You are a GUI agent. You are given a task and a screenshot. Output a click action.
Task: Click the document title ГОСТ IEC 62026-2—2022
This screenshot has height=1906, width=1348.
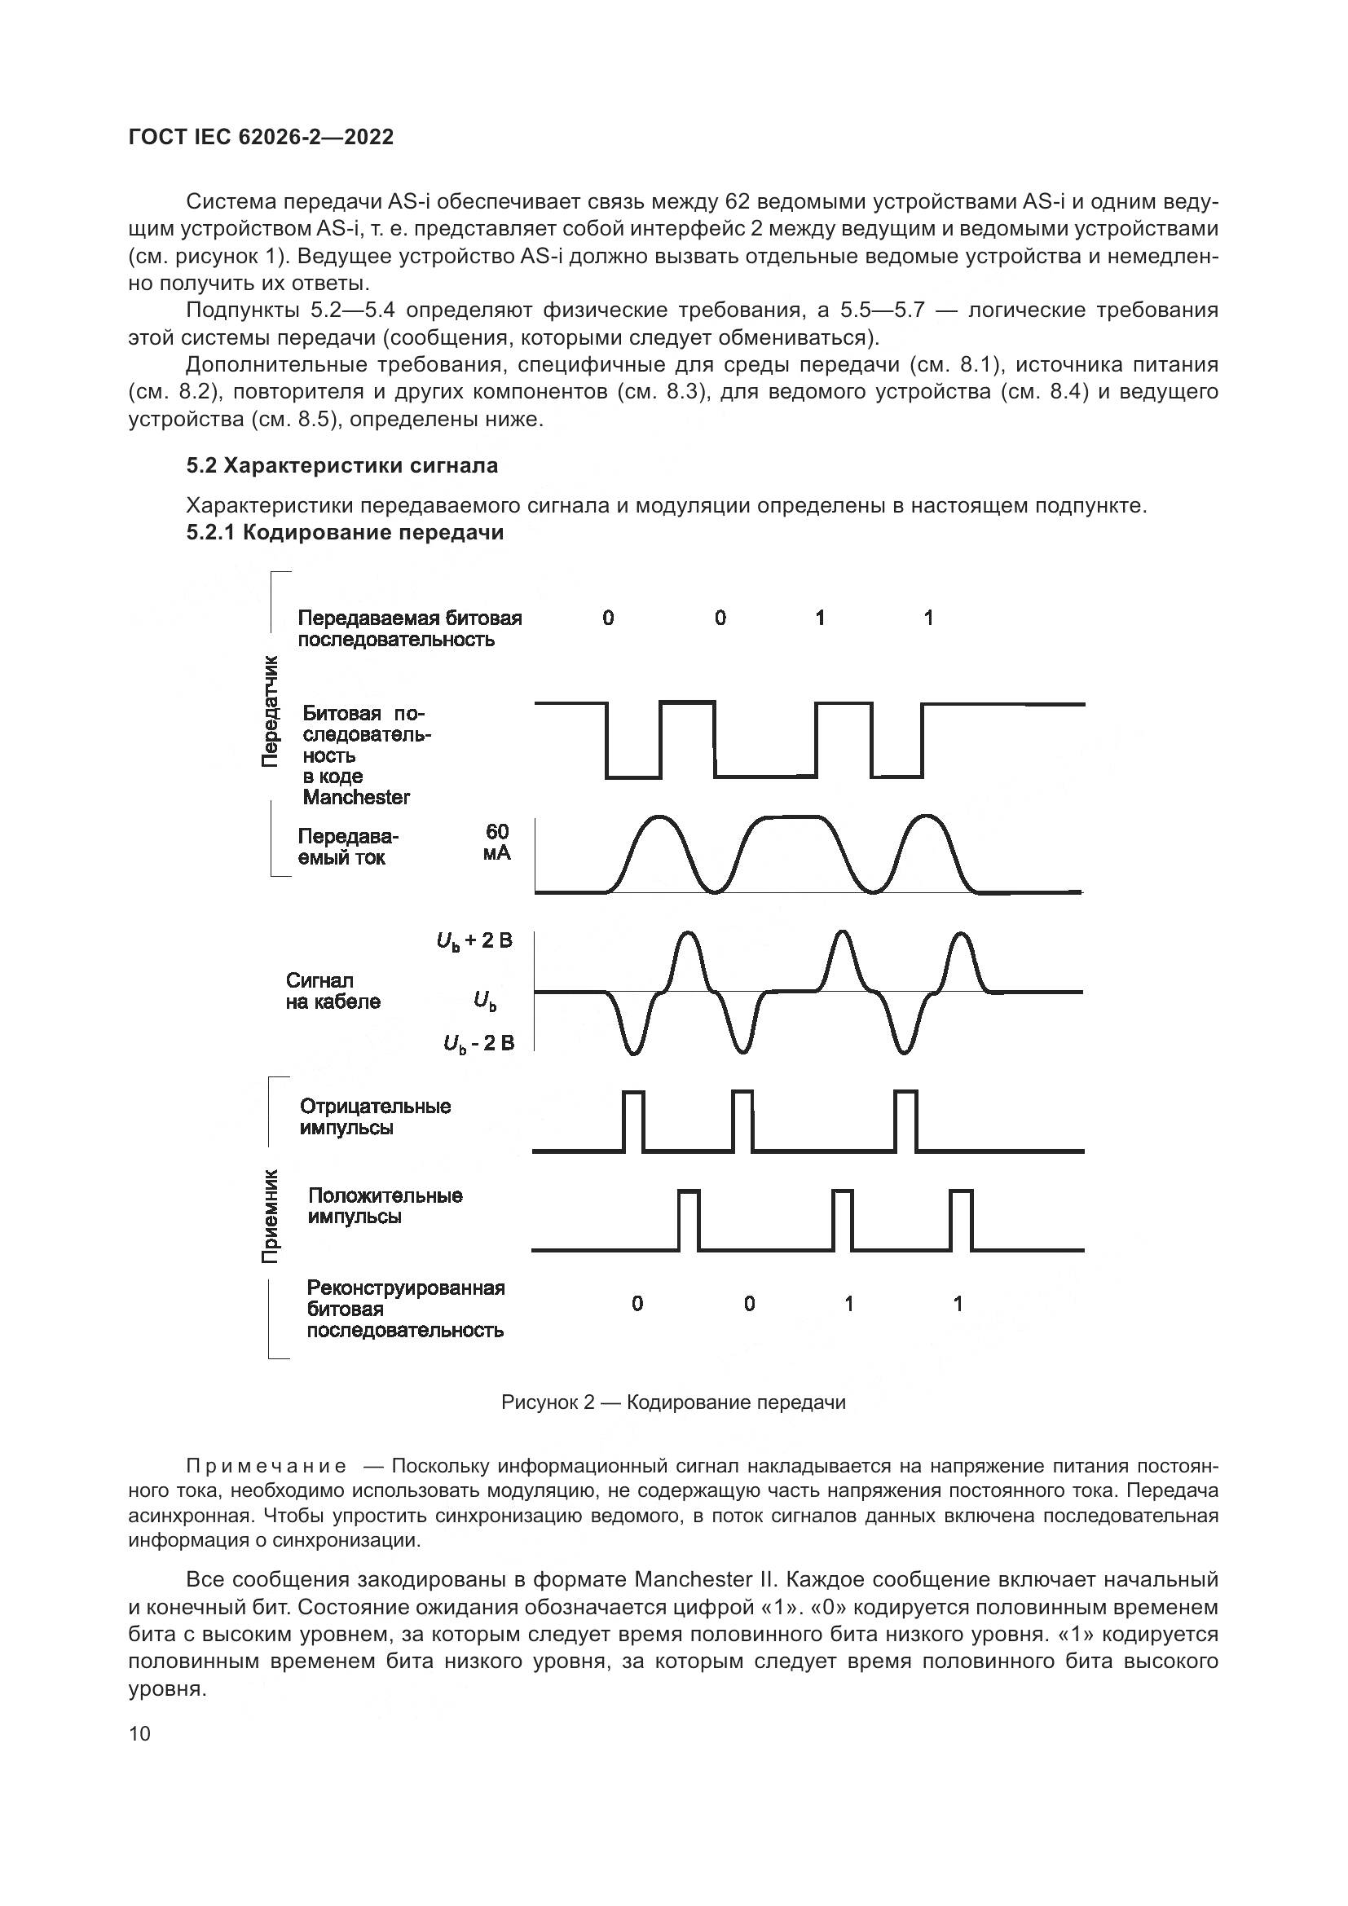point(261,137)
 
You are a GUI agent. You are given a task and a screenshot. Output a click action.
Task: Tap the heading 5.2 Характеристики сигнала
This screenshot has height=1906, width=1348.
point(342,466)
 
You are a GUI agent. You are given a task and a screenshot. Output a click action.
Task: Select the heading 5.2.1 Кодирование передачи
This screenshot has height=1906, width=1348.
point(346,533)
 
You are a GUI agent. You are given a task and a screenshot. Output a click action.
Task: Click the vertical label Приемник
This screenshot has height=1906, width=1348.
point(271,1217)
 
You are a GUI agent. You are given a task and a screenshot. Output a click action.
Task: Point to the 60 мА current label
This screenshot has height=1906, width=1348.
point(497,842)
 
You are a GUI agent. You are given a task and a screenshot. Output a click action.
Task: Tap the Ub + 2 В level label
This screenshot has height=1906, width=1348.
point(474,940)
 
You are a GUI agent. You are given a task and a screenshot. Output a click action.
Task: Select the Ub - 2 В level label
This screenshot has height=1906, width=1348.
point(479,1043)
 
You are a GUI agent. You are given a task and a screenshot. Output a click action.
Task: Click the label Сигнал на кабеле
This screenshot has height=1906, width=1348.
point(333,991)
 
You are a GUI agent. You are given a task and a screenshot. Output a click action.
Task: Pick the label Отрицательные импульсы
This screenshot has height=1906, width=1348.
point(375,1116)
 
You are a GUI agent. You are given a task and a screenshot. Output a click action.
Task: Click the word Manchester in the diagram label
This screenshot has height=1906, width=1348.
point(356,798)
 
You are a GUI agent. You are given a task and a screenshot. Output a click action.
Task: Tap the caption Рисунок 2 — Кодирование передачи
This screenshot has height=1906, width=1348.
point(673,1402)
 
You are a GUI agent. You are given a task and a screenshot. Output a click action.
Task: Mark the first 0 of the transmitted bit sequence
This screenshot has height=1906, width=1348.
point(609,618)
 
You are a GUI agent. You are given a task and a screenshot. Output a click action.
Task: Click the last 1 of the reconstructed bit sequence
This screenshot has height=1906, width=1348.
point(958,1304)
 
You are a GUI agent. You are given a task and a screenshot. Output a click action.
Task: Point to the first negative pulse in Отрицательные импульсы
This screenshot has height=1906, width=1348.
point(632,1120)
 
